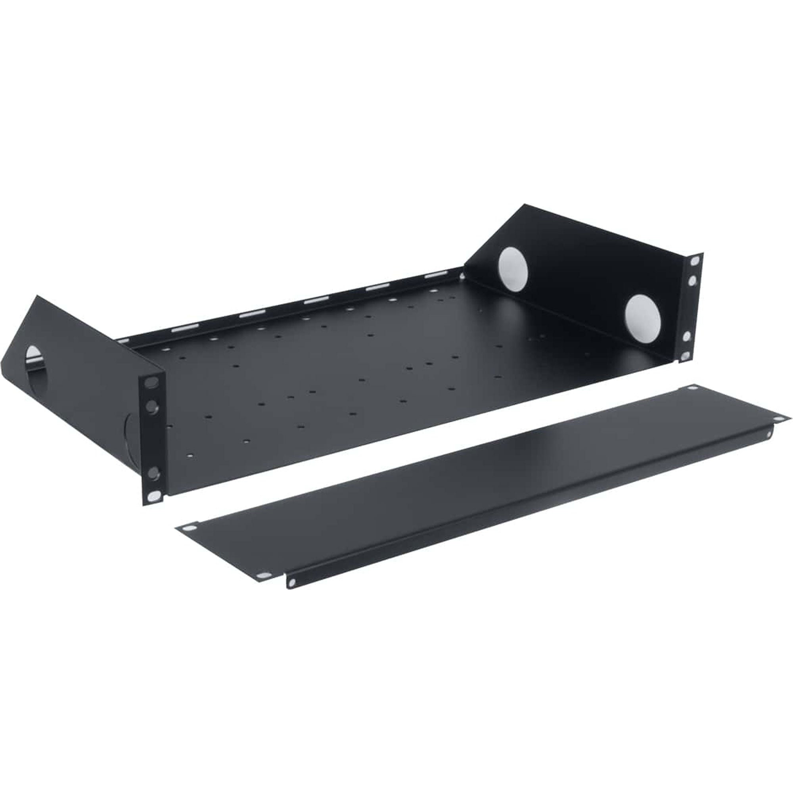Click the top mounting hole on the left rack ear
[152, 383]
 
